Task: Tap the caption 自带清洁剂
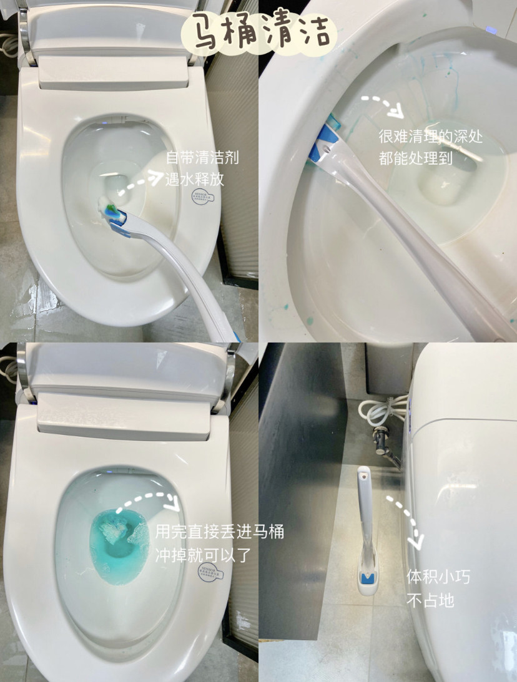(202, 158)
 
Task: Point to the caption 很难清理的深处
(430, 137)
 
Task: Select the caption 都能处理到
(415, 159)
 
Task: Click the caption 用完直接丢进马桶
(220, 532)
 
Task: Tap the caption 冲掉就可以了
(203, 555)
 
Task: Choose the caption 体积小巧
(438, 577)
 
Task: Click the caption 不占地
(430, 600)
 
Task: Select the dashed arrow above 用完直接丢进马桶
(153, 499)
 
